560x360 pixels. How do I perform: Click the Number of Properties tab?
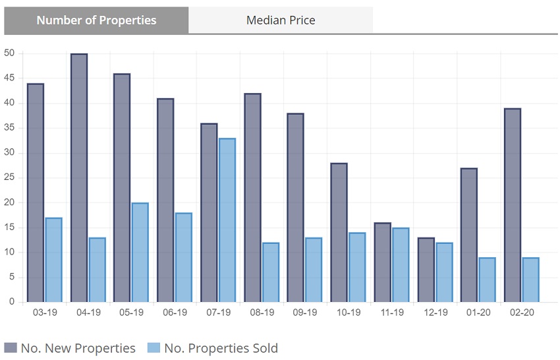pyautogui.click(x=96, y=20)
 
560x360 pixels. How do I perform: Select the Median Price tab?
pyautogui.click(x=281, y=20)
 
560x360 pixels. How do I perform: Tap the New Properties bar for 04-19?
pyautogui.click(x=79, y=178)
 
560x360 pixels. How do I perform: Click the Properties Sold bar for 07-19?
pyautogui.click(x=227, y=220)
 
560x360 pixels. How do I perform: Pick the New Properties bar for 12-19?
pyautogui.click(x=426, y=270)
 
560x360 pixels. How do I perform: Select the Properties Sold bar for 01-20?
pyautogui.click(x=487, y=280)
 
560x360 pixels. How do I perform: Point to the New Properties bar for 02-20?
pyautogui.click(x=513, y=205)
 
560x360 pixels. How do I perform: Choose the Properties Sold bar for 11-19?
pyautogui.click(x=401, y=265)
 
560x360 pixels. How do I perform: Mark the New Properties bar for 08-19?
pyautogui.click(x=252, y=198)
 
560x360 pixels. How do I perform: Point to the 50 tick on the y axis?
pyautogui.click(x=9, y=53)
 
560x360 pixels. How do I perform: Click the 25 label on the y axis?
pyautogui.click(x=9, y=178)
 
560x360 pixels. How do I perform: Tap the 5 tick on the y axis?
pyautogui.click(x=12, y=278)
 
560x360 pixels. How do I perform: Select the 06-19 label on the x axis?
pyautogui.click(x=175, y=313)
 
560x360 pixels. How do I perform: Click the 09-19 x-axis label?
pyautogui.click(x=305, y=313)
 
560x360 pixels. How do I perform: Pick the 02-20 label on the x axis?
pyautogui.click(x=522, y=313)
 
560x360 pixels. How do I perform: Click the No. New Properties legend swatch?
pyautogui.click(x=11, y=348)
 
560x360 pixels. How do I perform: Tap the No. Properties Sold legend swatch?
pyautogui.click(x=154, y=348)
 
